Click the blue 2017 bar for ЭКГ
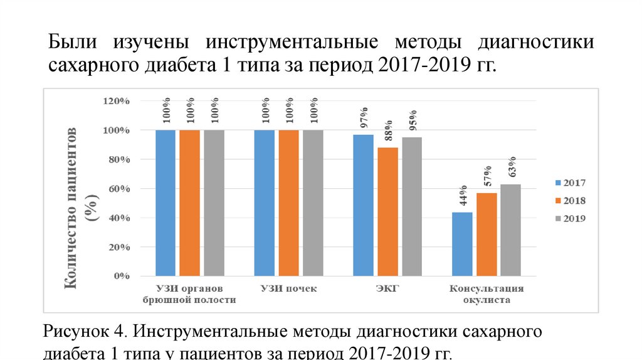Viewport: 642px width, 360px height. click(364, 206)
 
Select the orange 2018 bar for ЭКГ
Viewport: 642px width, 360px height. click(387, 212)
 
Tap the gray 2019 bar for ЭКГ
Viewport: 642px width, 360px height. click(412, 207)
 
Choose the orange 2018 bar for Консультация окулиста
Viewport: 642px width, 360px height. click(487, 235)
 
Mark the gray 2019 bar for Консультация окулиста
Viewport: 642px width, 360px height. click(510, 230)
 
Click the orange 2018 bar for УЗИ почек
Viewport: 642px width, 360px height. click(288, 203)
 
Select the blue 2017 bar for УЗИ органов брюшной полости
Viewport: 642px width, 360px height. click(166, 203)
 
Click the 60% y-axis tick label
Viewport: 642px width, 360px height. click(117, 189)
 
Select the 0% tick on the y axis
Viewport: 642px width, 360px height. click(122, 276)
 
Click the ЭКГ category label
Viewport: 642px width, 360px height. click(388, 289)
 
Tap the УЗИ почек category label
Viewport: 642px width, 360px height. click(288, 289)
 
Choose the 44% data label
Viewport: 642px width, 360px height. click(463, 196)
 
